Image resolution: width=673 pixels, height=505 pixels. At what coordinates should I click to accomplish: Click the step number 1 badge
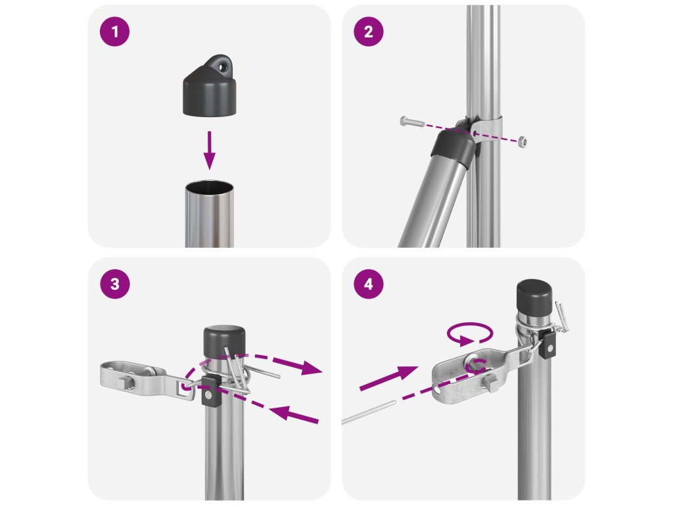click(114, 32)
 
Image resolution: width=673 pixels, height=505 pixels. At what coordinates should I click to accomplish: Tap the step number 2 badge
click(369, 32)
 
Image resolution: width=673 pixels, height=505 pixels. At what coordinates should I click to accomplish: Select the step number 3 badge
click(114, 284)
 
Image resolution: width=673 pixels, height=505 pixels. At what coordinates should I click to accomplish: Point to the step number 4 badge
click(369, 284)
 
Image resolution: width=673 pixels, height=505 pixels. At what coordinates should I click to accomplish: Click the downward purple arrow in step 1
click(210, 151)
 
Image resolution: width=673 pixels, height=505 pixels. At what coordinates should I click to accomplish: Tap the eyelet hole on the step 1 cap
click(223, 66)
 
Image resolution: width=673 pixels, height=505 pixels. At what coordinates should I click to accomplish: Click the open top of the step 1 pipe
click(210, 188)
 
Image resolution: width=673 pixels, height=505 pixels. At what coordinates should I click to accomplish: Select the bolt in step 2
click(412, 122)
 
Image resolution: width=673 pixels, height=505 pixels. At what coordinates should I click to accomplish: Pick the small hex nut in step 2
click(522, 141)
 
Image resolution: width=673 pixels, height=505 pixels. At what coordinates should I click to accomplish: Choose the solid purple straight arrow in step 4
click(388, 378)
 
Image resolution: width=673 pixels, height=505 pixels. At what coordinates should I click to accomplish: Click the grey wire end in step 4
click(368, 413)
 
